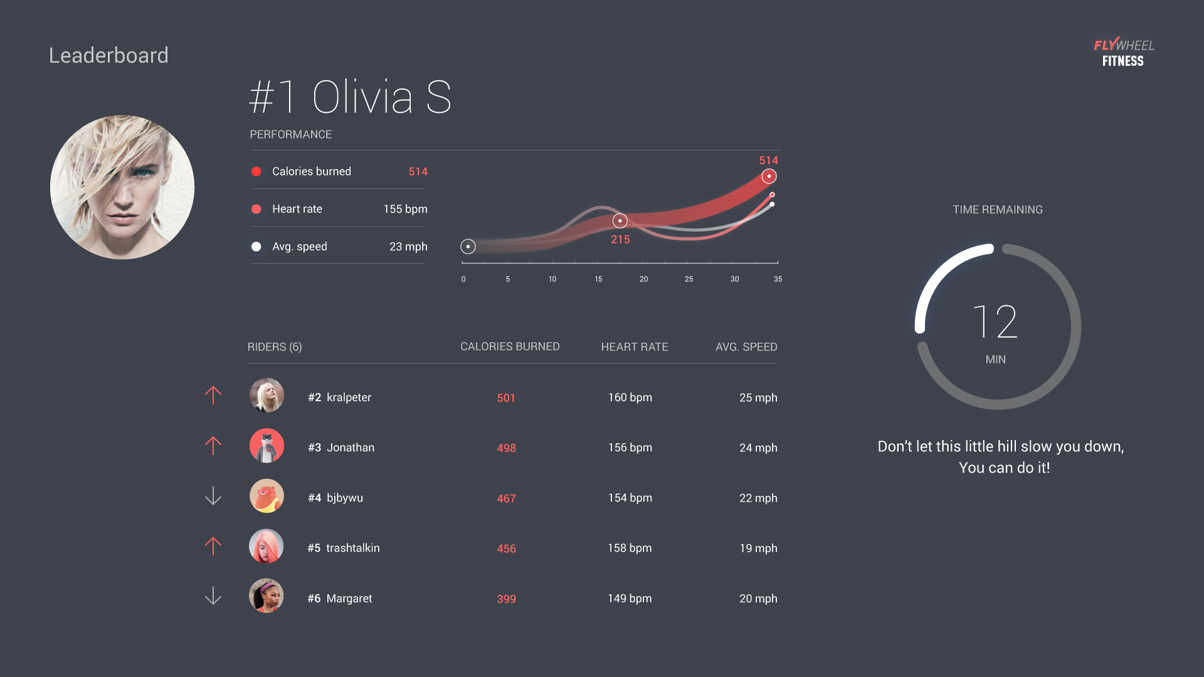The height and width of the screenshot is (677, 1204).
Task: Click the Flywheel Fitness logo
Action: [1124, 53]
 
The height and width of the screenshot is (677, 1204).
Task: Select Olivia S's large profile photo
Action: [122, 187]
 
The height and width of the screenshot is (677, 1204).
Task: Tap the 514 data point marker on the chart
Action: [769, 176]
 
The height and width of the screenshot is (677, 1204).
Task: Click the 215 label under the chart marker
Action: [620, 239]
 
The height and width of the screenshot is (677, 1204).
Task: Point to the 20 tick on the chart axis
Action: [643, 279]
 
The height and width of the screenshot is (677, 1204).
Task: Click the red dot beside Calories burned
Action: [256, 171]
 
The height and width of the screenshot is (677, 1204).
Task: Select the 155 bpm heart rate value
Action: [405, 209]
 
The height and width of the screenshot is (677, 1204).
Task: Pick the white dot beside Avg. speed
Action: [256, 246]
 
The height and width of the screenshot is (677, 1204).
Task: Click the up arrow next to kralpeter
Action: [213, 395]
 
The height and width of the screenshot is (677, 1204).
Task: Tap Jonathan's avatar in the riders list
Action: [267, 446]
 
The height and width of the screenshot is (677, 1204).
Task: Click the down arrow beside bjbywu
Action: [213, 496]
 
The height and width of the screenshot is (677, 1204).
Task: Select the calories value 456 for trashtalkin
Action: [506, 548]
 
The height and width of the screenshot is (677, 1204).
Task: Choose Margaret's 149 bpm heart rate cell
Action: [630, 599]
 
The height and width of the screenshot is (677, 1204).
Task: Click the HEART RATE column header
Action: [634, 347]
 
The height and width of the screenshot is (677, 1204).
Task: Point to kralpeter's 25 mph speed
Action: [758, 397]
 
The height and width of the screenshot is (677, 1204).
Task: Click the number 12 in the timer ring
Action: [995, 322]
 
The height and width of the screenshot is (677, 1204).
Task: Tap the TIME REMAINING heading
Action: [997, 209]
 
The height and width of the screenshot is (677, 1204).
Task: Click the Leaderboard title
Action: [108, 55]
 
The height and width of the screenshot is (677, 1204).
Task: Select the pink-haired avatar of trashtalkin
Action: [267, 546]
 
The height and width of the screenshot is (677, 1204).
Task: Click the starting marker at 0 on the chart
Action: [468, 246]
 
